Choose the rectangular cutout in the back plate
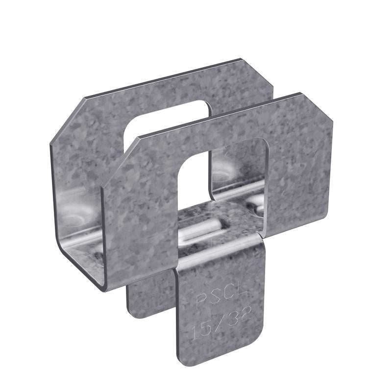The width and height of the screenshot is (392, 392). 162,125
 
